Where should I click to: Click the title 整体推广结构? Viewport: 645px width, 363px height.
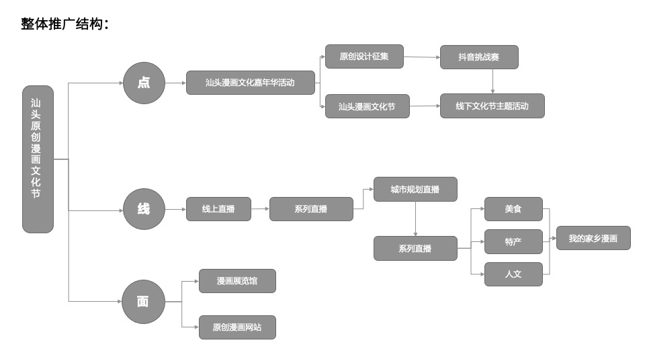(64, 25)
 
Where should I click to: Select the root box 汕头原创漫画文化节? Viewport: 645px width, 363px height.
(38, 159)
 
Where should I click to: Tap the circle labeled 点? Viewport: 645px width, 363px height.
(144, 83)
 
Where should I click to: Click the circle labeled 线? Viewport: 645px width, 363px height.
(144, 209)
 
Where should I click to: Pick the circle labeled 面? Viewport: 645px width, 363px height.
(143, 302)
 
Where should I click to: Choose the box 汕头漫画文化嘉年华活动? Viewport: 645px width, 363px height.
(250, 83)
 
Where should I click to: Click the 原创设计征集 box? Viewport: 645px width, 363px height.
(364, 56)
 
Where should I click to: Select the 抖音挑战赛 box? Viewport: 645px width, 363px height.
(479, 56)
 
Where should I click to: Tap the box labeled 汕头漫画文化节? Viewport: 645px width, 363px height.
(367, 106)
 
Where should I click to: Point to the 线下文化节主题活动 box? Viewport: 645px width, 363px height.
(492, 106)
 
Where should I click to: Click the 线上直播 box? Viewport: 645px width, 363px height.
(218, 209)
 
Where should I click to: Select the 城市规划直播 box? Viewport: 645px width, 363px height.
(415, 190)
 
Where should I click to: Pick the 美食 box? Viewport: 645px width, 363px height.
(513, 209)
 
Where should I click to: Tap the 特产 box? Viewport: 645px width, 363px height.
(513, 241)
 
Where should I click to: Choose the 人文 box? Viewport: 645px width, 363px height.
(513, 274)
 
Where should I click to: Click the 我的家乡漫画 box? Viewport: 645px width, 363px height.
(593, 238)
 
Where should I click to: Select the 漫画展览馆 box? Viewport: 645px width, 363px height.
(237, 281)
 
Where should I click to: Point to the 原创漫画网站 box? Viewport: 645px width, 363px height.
(237, 327)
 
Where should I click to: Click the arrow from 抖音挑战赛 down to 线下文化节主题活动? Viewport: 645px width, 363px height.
(492, 81)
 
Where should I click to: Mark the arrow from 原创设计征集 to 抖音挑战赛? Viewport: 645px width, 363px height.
(422, 57)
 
